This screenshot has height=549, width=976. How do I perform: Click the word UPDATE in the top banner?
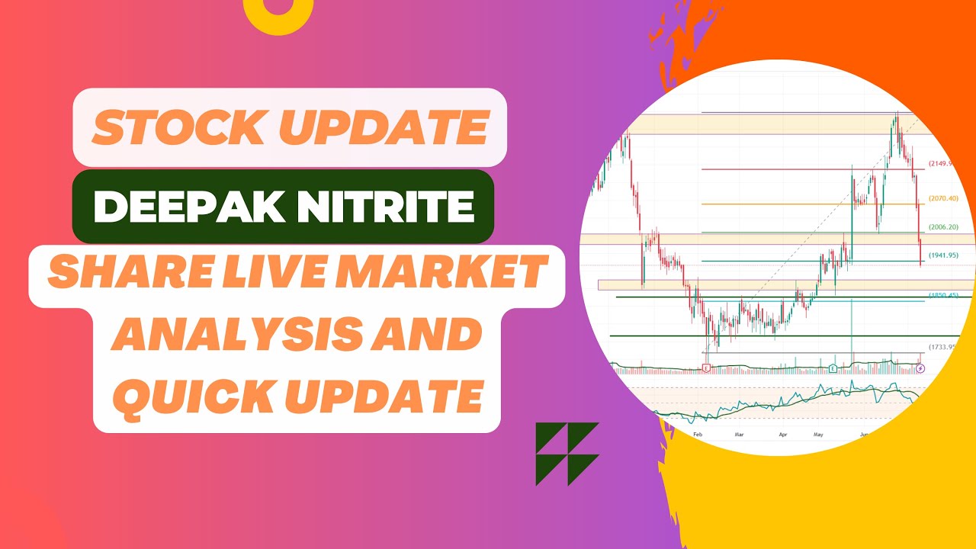387,127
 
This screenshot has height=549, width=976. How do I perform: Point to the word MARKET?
451,274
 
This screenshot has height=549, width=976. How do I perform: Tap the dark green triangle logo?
567,454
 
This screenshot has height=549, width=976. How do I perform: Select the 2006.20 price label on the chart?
942,228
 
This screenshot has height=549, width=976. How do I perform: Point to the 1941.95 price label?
942,255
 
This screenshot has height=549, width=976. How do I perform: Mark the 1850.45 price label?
942,295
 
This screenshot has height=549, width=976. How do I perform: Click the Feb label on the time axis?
697,433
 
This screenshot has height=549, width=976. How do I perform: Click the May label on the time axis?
819,434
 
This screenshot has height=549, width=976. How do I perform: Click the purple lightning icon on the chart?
920,368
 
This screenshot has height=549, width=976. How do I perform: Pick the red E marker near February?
707,368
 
